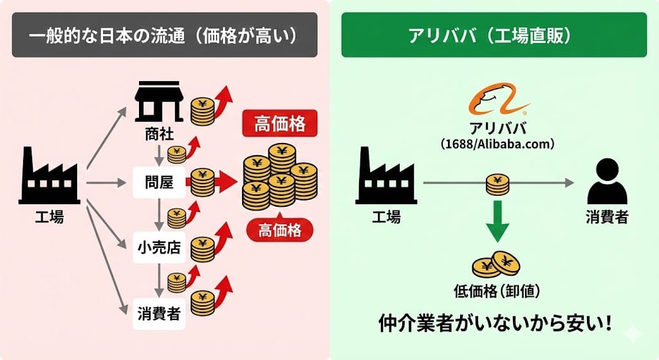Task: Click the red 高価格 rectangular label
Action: [279, 124]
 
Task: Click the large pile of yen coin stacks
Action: [279, 175]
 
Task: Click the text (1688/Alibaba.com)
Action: [497, 143]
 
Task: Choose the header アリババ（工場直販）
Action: [494, 35]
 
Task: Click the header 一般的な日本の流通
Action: [164, 35]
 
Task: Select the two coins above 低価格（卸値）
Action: [496, 263]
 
